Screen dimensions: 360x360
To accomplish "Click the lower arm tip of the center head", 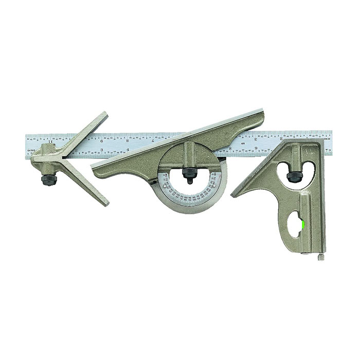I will [x=105, y=203].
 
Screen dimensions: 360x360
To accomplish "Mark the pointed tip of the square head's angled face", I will [x=233, y=195].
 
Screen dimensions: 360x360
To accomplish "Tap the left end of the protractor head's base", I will [x=93, y=166].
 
